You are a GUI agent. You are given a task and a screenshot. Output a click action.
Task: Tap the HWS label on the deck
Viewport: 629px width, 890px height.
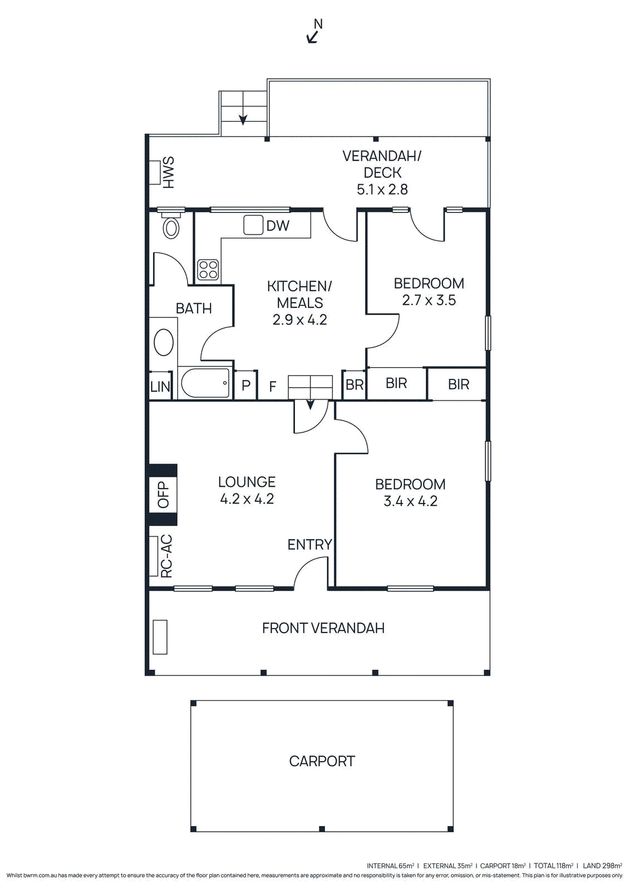point(168,172)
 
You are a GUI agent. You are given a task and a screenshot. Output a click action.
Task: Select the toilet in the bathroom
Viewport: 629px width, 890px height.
point(171,228)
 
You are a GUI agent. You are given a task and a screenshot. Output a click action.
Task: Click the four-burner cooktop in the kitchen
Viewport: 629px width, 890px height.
point(208,270)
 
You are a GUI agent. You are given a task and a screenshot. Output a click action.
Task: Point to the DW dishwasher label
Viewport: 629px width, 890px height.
point(277,226)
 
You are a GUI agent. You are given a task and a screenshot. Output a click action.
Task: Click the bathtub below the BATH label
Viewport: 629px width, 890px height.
point(205,383)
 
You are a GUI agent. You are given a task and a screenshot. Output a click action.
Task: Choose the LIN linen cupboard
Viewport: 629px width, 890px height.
point(160,386)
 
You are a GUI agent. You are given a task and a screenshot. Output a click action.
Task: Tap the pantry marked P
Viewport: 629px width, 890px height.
point(246,385)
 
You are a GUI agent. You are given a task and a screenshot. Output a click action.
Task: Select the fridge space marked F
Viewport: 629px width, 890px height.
point(273,387)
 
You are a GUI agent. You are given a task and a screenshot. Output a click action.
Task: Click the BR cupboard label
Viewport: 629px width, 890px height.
point(355,385)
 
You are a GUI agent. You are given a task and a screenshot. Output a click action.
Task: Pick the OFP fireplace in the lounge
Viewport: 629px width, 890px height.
point(163,495)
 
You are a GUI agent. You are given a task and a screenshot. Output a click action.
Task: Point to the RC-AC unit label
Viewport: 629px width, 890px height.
point(166,556)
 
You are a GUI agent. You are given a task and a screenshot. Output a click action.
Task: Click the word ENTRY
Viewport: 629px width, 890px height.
point(309,545)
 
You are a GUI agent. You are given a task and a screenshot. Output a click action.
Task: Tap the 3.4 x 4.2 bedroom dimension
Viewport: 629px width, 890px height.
point(410,501)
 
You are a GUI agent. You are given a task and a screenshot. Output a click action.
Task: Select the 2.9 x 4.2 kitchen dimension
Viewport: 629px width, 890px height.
point(299,320)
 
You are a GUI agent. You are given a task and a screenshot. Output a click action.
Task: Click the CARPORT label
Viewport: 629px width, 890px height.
point(322,761)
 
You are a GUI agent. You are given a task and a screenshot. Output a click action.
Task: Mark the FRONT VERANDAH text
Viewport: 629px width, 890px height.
point(323,628)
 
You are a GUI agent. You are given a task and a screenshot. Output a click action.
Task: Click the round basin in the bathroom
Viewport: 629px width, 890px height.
point(164,342)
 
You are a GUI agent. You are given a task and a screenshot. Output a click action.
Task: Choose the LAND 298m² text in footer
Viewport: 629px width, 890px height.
point(602,866)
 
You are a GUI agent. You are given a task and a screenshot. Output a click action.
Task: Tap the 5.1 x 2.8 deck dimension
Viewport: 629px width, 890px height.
point(382,190)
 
